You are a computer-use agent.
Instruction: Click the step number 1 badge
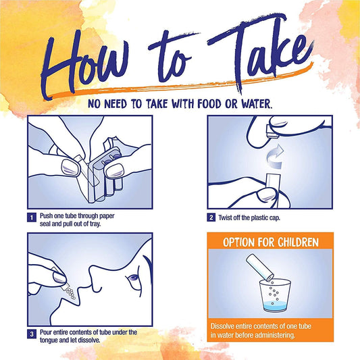(32, 217)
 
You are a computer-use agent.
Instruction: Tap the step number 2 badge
(211, 217)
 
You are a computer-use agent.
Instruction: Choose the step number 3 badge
(32, 334)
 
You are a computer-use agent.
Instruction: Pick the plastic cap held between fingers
(272, 131)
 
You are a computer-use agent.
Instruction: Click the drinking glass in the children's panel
(275, 295)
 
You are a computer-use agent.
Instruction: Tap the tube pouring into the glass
(260, 267)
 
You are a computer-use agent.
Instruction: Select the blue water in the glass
(275, 306)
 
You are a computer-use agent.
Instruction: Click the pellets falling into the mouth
(70, 293)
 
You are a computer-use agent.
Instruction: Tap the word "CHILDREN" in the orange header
(299, 242)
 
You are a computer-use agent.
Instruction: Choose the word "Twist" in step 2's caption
(225, 217)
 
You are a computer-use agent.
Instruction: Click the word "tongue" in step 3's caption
(49, 340)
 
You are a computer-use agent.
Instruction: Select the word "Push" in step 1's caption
(47, 216)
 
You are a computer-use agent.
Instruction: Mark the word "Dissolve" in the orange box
(222, 326)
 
